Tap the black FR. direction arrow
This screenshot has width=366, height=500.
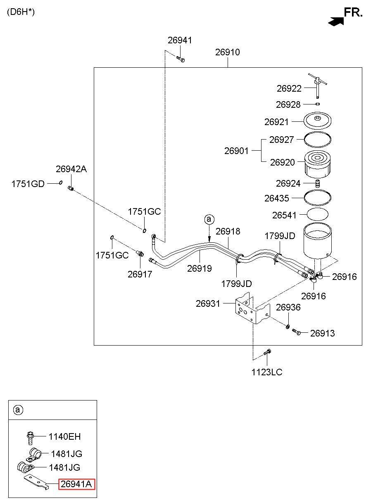335,21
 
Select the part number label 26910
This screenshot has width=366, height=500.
228,52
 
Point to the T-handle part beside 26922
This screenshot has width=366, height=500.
318,85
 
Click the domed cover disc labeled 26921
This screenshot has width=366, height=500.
317,121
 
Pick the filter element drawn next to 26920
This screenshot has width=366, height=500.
317,164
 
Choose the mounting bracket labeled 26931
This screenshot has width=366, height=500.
252,308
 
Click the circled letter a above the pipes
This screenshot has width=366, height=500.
209,219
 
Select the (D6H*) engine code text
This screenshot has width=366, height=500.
21,12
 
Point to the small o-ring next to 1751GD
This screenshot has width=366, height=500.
60,182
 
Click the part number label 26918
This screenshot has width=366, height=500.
228,232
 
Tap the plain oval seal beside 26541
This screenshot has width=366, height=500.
318,214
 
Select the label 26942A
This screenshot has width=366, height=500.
71,169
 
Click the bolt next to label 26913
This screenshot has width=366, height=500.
297,332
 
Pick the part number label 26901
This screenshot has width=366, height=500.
236,151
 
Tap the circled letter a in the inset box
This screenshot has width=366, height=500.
18,410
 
